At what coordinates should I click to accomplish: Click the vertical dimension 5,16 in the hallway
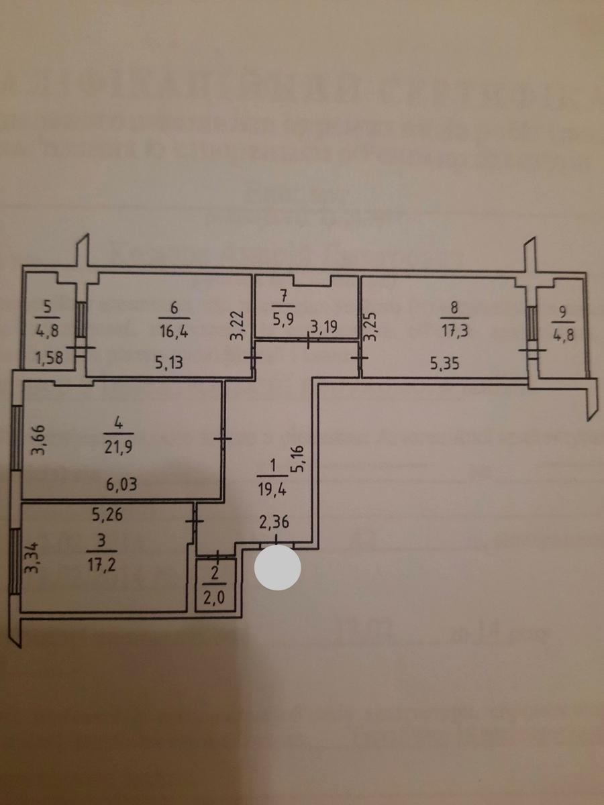tap(300, 459)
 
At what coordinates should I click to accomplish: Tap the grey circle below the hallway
tap(276, 568)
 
